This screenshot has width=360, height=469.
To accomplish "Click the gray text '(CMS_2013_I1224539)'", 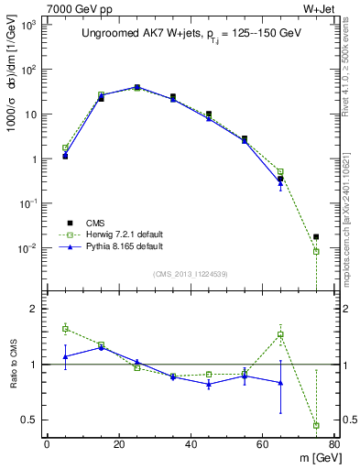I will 191,273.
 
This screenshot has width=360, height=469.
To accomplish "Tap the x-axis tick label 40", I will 191,445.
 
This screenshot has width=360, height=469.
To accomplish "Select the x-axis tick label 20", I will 118,445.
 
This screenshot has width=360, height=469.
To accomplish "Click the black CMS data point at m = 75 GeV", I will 316,236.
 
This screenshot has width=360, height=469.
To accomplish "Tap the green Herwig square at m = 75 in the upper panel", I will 316,251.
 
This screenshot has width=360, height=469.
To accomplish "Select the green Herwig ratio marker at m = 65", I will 280,334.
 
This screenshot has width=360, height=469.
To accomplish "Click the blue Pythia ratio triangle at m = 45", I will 209,385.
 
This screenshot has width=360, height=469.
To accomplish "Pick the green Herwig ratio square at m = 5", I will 65,328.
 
